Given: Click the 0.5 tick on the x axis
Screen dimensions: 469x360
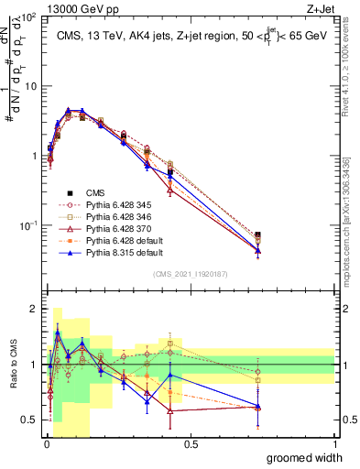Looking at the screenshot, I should pos(191,443).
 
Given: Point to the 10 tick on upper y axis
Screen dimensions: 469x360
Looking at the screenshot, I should pos(32,86).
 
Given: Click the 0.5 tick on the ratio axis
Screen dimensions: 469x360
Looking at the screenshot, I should pos(32,420).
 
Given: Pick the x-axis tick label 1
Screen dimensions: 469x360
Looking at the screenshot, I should pos(334,443).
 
